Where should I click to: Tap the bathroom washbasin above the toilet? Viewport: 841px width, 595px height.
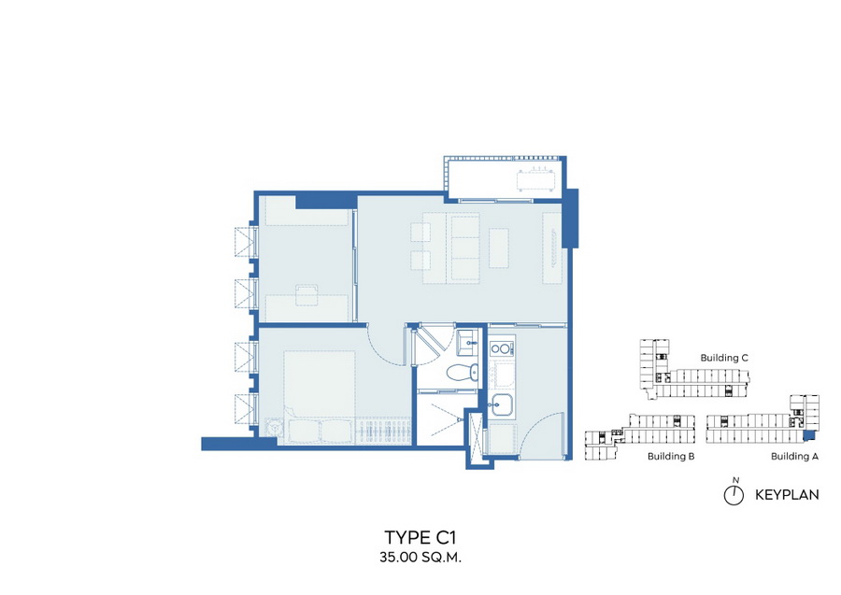pos(466,342)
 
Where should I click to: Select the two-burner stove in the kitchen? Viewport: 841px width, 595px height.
pos(502,349)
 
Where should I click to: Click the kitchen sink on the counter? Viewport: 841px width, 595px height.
pos(502,404)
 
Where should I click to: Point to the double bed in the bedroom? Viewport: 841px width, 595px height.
pos(320,397)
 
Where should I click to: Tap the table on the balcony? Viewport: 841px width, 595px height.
pos(535,180)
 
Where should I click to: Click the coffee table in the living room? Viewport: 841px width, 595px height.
pos(499,248)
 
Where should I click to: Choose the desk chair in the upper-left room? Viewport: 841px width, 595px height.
pos(306,295)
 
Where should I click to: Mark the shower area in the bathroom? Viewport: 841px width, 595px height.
pos(440,419)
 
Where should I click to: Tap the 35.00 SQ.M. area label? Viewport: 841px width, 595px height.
pos(420,557)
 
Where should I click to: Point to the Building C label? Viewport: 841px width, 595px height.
pos(724,358)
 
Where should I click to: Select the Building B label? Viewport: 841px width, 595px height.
pos(671,456)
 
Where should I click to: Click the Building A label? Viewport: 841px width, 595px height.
pos(795,456)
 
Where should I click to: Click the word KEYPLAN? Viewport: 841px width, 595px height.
pos(787,495)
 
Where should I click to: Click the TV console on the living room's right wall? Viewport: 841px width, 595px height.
pos(552,248)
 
